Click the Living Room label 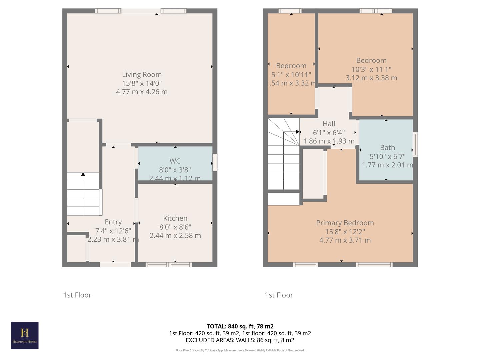coord(142,74)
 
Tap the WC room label coord(175,161)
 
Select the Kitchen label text coord(175,218)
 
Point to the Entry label coord(113,222)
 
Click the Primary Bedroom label coord(345,223)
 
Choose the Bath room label coord(387,147)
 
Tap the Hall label coord(329,124)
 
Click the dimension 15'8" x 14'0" coord(142,83)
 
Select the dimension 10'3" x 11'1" coord(371,69)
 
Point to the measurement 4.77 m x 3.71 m coord(345,240)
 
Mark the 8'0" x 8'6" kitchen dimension coord(175,227)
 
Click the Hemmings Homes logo coord(25,335)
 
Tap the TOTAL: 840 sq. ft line coord(240,326)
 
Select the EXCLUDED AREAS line coord(240,340)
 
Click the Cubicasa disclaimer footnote coord(240,350)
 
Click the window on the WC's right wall coord(215,162)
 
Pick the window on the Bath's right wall coord(415,144)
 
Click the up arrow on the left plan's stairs coord(83,174)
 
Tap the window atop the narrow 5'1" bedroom coord(290,11)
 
